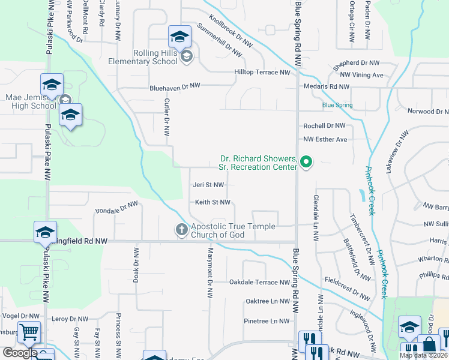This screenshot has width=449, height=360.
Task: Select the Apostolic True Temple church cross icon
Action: coord(181,229)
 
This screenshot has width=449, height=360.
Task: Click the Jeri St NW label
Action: coord(208,185)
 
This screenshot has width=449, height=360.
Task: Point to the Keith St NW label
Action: coord(212,203)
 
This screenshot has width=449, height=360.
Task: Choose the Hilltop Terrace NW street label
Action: coord(262,73)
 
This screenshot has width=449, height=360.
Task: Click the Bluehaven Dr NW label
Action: coord(175,87)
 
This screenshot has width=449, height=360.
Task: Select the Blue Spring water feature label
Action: coord(337,106)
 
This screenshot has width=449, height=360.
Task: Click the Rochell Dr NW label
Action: coord(324,126)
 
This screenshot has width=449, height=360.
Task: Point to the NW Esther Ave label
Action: coord(325,140)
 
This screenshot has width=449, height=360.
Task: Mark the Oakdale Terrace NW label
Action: coord(259,282)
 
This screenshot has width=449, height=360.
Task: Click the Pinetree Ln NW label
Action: coord(267,321)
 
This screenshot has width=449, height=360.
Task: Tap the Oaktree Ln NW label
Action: coord(268,301)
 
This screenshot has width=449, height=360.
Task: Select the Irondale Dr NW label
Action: coord(117,206)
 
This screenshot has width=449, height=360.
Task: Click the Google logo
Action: coord(20,353)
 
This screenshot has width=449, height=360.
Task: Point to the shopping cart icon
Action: coord(28,332)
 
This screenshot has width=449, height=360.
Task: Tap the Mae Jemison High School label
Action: coord(31,101)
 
